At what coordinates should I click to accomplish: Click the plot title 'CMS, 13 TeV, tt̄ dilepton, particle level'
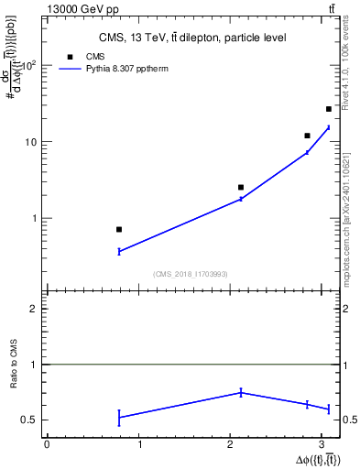[192, 38]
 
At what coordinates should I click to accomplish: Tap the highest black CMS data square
[329, 109]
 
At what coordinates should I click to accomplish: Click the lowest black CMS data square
[119, 229]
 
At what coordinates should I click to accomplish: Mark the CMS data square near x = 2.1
[241, 187]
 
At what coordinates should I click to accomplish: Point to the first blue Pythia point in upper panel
[119, 251]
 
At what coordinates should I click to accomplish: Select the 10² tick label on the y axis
[30, 65]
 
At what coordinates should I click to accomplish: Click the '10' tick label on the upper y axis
[32, 142]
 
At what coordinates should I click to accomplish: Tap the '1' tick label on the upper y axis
[35, 218]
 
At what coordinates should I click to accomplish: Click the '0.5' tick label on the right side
[351, 420]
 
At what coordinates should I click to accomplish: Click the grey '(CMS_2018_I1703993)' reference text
[191, 274]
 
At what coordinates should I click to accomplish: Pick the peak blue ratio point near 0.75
[241, 392]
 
